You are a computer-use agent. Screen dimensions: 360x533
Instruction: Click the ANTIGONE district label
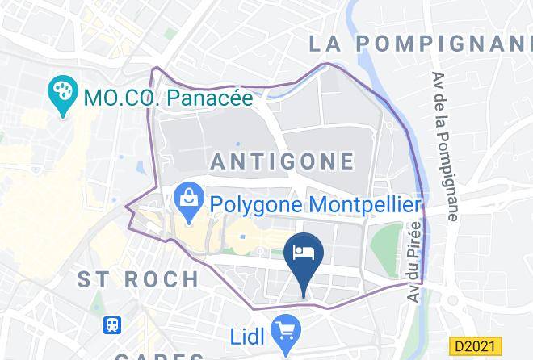(x=282, y=161)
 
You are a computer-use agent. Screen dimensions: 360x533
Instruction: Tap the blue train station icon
(x=112, y=325)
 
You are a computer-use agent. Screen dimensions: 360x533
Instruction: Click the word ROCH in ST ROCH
(x=160, y=280)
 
